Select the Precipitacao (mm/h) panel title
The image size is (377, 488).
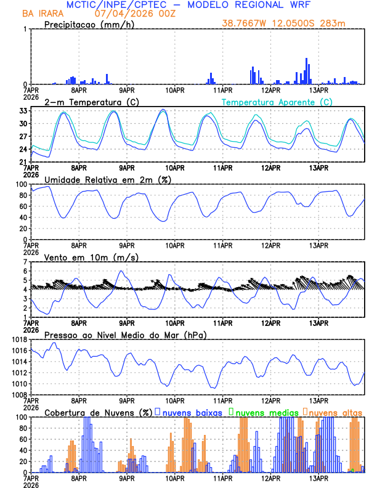pos(87,25)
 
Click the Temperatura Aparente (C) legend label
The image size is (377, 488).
pos(277,102)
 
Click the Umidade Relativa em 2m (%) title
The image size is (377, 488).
pos(110,179)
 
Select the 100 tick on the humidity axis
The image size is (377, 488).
pos(20,184)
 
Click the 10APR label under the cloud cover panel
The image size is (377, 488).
pos(175,478)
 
